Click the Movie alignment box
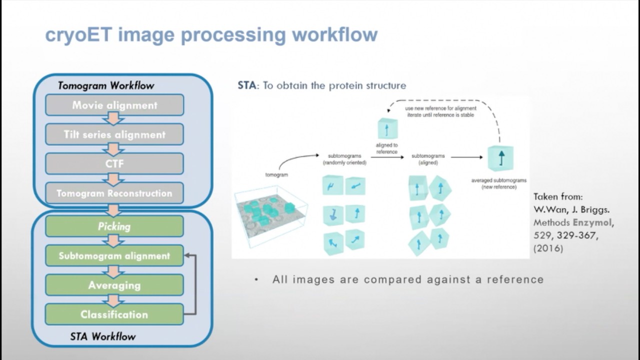point(114,105)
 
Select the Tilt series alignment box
point(114,134)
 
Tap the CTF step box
point(114,163)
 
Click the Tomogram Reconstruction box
point(114,193)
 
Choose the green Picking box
point(114,226)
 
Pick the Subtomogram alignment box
point(114,255)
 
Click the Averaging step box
point(114,285)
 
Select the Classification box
point(114,314)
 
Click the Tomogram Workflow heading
point(106,85)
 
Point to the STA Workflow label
point(102,336)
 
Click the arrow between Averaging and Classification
point(114,300)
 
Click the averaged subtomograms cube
point(499,158)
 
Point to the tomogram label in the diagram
point(276,175)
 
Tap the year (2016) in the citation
point(548,248)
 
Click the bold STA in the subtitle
point(247,85)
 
